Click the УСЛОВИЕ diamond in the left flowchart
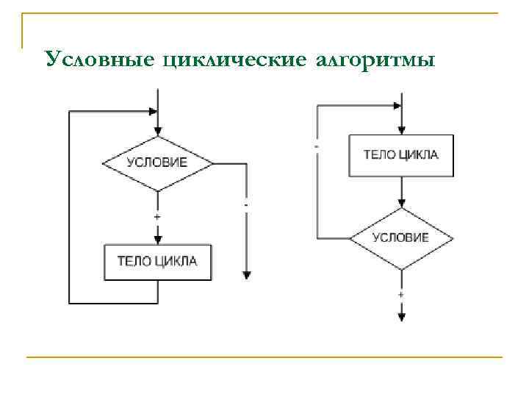click(157, 162)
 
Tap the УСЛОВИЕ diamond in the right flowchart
click(401, 237)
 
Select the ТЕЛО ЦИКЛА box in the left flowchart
click(157, 262)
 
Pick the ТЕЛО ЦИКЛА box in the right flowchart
click(401, 155)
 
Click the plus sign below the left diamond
click(157, 218)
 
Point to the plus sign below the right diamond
click(401, 294)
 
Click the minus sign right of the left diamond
click(245, 204)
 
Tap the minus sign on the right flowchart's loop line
click(317, 146)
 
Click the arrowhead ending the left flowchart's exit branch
click(246, 274)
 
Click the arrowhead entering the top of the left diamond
click(157, 131)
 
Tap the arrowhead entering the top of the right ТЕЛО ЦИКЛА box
click(401, 130)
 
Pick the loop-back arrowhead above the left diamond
click(153, 112)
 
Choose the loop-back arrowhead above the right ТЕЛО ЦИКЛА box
click(397, 106)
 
